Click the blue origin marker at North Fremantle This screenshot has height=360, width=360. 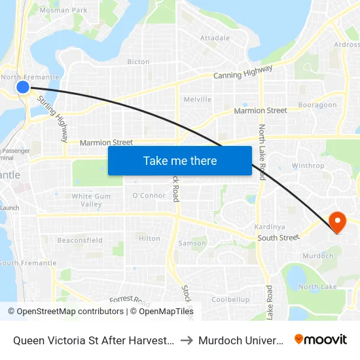(x=23, y=86)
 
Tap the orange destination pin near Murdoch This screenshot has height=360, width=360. (x=338, y=221)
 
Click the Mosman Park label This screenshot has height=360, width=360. (x=63, y=10)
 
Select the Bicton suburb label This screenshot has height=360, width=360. (x=138, y=62)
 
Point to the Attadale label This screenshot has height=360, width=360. (x=215, y=39)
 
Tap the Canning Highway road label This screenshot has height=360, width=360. (x=242, y=75)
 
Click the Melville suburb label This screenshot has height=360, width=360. (x=198, y=99)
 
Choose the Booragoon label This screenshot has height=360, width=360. (x=317, y=105)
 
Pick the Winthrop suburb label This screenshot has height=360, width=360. (x=308, y=166)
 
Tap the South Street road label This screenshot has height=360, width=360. (x=278, y=238)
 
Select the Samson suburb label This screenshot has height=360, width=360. (x=192, y=243)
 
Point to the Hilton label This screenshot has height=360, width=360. (x=149, y=239)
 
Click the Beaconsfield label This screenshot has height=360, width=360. (x=80, y=240)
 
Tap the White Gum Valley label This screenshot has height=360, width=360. (x=91, y=200)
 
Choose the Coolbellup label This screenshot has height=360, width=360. (x=230, y=299)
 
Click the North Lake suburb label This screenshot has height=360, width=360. (x=317, y=287)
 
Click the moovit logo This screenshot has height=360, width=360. (x=321, y=339)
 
